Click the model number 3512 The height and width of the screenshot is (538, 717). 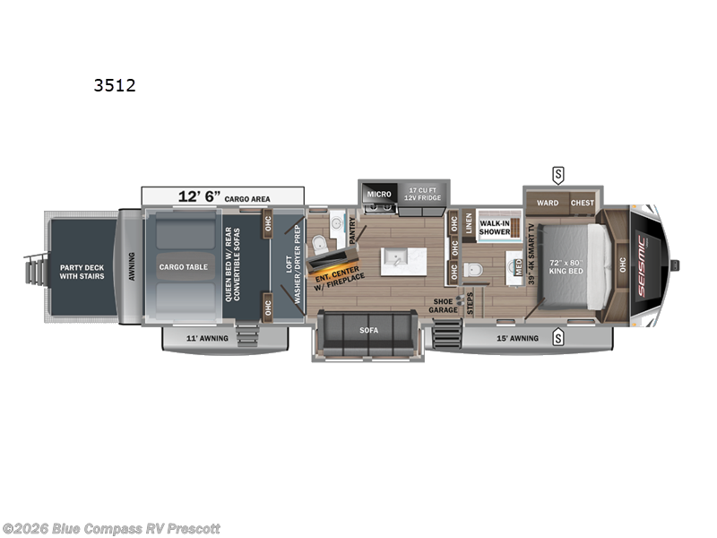pos(115,87)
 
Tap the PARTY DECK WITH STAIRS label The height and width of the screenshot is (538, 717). pos(82,272)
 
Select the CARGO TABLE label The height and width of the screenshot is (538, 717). pos(184,266)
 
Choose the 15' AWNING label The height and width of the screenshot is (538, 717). pos(517,338)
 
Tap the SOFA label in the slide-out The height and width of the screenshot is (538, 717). pos(369,330)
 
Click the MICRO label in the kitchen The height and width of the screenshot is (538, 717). pos(377,194)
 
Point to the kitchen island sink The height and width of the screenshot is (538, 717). pos(394,261)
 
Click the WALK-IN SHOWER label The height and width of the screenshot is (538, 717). pos(496,227)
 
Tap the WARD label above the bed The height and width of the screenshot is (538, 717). pos(547,203)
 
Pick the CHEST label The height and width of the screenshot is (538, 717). pos(583,203)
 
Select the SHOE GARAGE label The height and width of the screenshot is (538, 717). pos(444,305)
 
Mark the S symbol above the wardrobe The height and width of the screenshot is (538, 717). pos(558,173)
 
